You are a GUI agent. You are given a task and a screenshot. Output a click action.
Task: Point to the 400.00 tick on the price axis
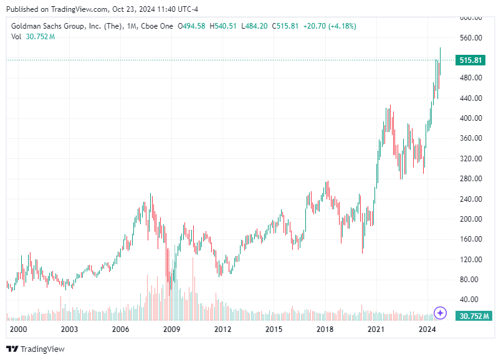[x=471, y=118]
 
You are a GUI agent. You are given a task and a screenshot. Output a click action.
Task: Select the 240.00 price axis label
[x=471, y=199]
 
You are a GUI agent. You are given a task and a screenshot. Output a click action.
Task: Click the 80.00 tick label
[x=471, y=280]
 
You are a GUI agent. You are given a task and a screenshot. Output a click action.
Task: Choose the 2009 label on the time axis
[x=171, y=329]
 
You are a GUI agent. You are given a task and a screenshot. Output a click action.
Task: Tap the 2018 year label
[x=323, y=329]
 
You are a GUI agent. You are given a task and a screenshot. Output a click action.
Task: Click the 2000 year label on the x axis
[x=19, y=329]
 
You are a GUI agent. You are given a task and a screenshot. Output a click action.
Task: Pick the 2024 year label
[x=426, y=329]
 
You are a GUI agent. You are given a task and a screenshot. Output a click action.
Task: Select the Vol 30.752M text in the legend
[x=33, y=37]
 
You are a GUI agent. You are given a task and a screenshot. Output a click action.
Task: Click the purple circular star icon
[x=441, y=313]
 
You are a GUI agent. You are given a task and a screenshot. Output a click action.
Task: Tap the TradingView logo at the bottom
[x=36, y=349]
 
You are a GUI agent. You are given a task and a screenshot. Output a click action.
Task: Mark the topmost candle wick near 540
[x=440, y=48]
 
